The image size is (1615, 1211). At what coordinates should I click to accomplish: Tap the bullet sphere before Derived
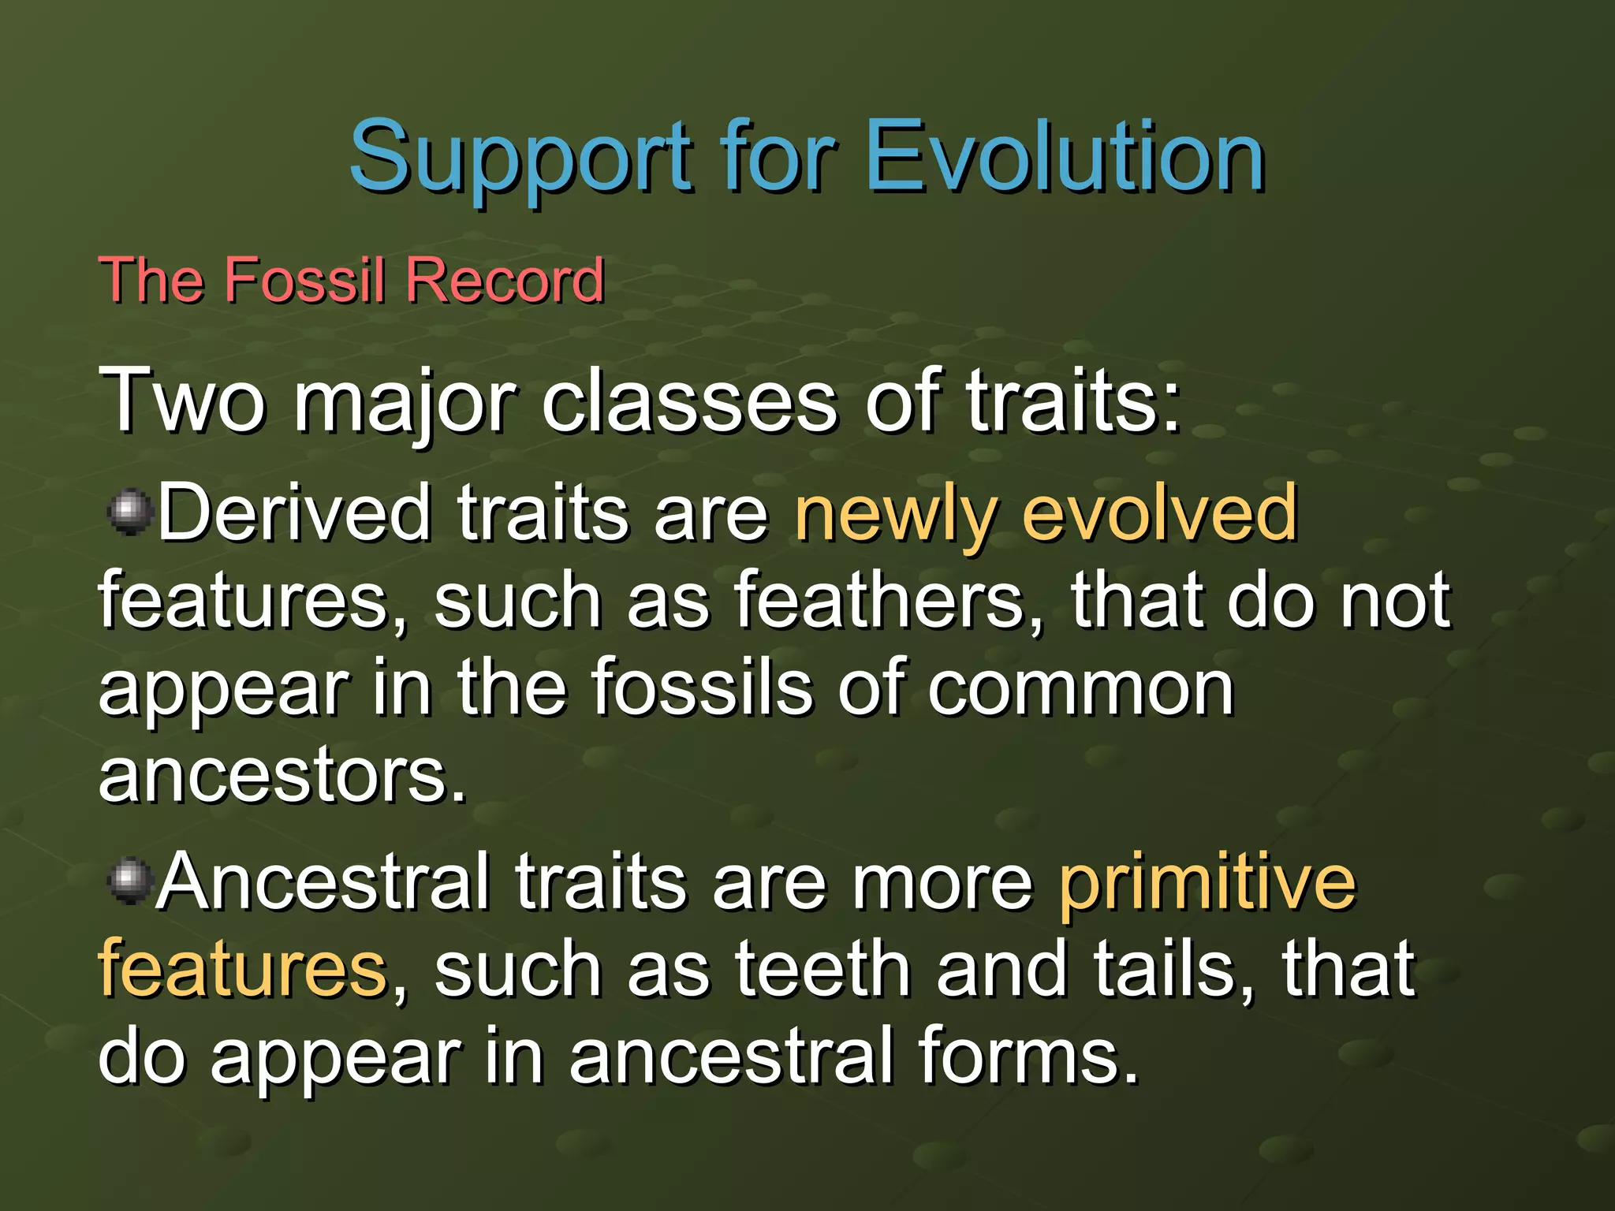(x=129, y=512)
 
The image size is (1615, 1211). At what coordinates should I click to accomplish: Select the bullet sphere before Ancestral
(x=129, y=881)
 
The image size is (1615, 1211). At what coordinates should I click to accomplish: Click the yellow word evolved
(x=1159, y=512)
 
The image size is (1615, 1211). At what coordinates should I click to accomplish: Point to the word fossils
(x=701, y=687)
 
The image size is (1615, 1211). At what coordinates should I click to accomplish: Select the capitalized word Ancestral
(x=323, y=881)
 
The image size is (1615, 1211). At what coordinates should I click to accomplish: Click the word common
(x=1080, y=688)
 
